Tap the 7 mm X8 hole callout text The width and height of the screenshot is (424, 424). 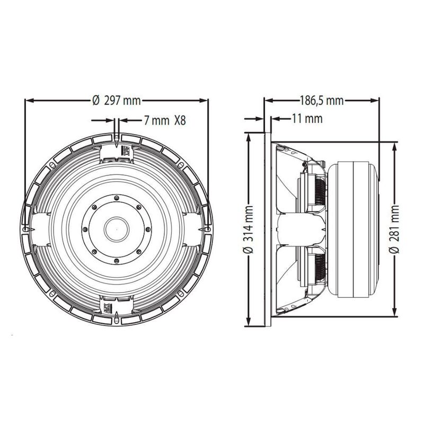(x=165, y=120)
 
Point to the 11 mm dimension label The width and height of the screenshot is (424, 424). (x=307, y=119)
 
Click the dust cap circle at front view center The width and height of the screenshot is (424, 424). (x=116, y=229)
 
